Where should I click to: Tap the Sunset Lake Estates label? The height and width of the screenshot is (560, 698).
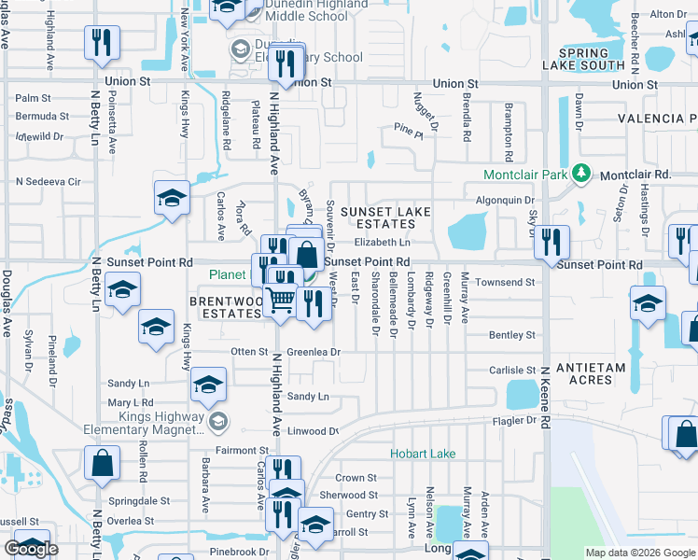(x=385, y=217)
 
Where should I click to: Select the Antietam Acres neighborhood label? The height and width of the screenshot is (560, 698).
(x=591, y=374)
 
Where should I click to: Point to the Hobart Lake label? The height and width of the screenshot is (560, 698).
(x=423, y=454)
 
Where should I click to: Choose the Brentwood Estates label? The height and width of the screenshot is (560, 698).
(x=226, y=308)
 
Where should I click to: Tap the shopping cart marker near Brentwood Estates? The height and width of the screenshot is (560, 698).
(x=280, y=300)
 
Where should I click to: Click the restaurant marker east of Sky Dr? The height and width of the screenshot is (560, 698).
(x=552, y=241)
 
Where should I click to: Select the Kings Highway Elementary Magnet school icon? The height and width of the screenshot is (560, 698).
(x=218, y=422)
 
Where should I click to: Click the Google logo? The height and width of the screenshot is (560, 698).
(x=31, y=549)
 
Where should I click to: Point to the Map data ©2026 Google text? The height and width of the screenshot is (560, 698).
(x=639, y=553)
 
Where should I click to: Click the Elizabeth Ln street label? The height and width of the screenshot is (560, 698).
(x=383, y=243)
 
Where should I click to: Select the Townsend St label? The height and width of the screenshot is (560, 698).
(x=513, y=282)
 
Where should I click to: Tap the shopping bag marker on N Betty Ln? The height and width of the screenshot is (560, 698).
(x=102, y=462)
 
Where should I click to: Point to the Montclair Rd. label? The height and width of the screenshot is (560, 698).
(x=635, y=175)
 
